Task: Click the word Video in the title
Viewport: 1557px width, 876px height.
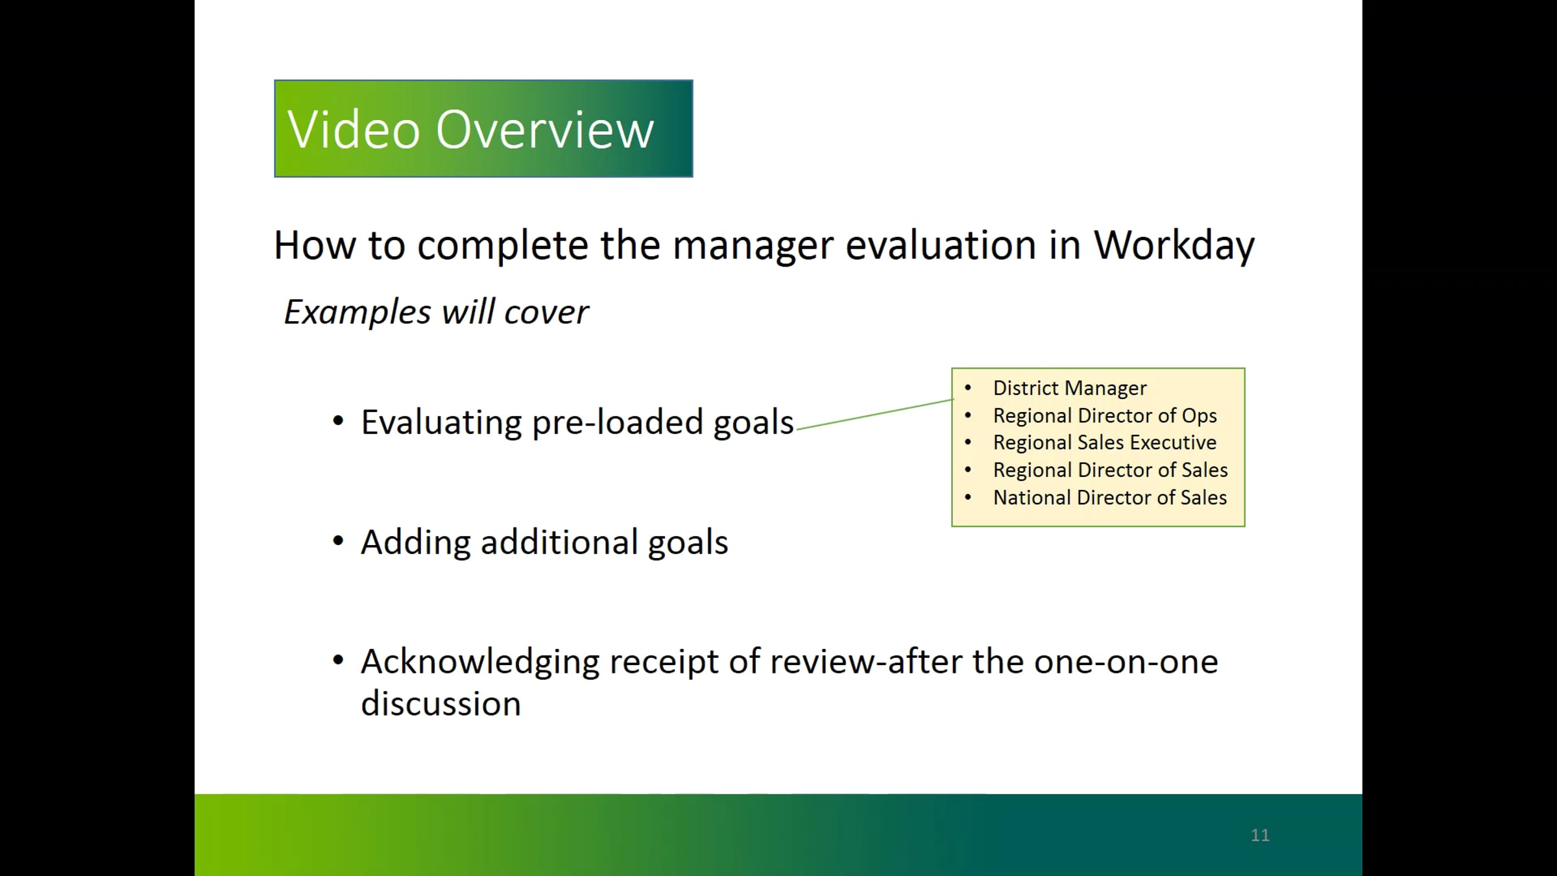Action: (x=354, y=130)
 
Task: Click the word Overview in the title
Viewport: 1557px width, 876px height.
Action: (x=545, y=130)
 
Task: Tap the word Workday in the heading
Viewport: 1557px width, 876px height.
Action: (x=1174, y=247)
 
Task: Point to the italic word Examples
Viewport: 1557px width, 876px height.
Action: (x=357, y=313)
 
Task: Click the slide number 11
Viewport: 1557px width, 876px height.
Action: (x=1260, y=835)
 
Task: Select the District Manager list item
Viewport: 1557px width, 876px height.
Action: (x=1070, y=388)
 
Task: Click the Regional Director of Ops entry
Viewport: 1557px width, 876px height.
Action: (x=1105, y=415)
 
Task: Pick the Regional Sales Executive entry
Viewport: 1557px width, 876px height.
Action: (x=1105, y=443)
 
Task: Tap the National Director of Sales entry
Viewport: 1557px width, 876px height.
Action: (x=1110, y=498)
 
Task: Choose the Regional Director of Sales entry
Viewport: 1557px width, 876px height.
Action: (x=1111, y=470)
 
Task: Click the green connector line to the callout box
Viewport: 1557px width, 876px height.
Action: (x=875, y=414)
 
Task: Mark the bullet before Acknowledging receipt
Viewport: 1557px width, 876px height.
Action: (x=338, y=661)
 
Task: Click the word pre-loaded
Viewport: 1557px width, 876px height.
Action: (x=617, y=423)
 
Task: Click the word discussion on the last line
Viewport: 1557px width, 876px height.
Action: (x=441, y=703)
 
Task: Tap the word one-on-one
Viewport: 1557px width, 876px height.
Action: (x=1126, y=663)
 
